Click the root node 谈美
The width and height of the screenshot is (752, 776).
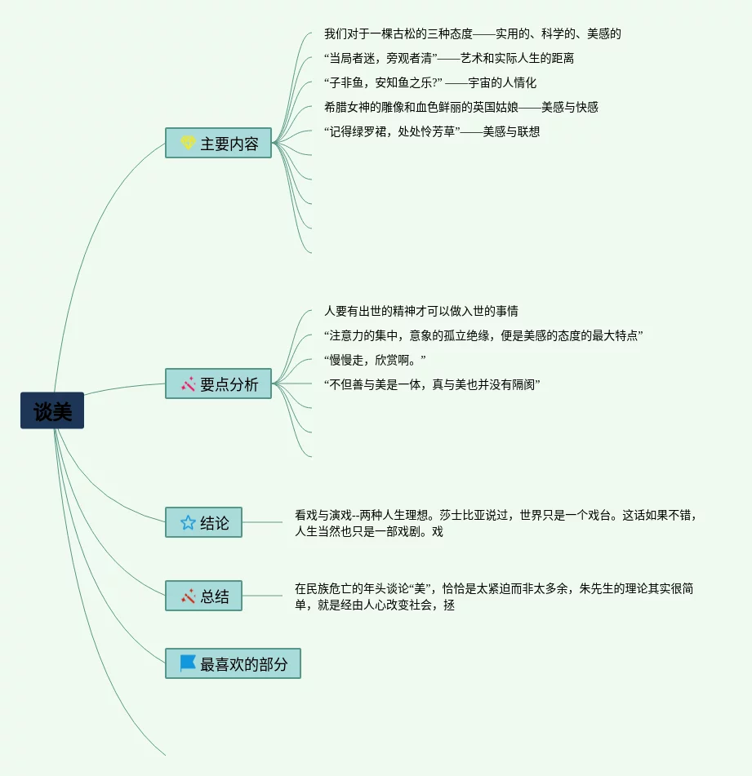[52, 411]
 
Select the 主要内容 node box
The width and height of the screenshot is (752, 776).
[218, 143]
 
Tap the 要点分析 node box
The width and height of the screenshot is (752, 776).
[218, 384]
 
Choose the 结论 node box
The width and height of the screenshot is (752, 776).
[203, 522]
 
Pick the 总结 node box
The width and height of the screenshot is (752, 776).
[203, 596]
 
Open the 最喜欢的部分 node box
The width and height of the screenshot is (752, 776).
[233, 663]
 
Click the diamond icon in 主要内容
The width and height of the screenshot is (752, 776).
[188, 144]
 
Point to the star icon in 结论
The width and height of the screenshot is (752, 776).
[188, 522]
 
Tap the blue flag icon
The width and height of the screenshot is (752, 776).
[188, 663]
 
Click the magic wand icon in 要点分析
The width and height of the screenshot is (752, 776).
[188, 384]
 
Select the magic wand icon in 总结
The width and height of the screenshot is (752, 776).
[188, 596]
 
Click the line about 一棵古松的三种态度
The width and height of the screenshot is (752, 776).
[472, 33]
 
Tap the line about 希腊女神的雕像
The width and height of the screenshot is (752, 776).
[461, 107]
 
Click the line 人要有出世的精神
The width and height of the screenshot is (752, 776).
[420, 311]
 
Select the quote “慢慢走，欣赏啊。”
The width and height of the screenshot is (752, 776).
[375, 360]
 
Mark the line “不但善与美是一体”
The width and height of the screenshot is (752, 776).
[432, 384]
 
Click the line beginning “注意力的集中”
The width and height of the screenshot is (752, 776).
[483, 335]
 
